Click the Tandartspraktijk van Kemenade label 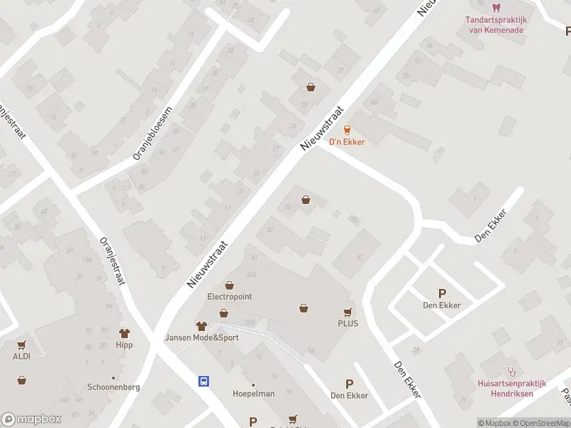tap(495, 25)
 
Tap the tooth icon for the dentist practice tap(496, 9)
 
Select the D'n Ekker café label tap(346, 142)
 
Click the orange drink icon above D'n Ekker tap(347, 129)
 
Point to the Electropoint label tap(229, 296)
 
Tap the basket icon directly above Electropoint tap(229, 284)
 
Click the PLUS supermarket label tap(348, 323)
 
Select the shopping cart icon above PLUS tap(348, 311)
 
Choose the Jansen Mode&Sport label tap(201, 337)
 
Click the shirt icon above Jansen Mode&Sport tap(201, 325)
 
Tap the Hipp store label tap(125, 345)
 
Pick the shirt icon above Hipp tap(125, 332)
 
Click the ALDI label tap(21, 356)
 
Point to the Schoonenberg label tap(113, 387)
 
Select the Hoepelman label tap(253, 394)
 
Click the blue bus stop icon tap(203, 381)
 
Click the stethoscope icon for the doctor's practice tap(511, 372)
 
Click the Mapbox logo tap(31, 419)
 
